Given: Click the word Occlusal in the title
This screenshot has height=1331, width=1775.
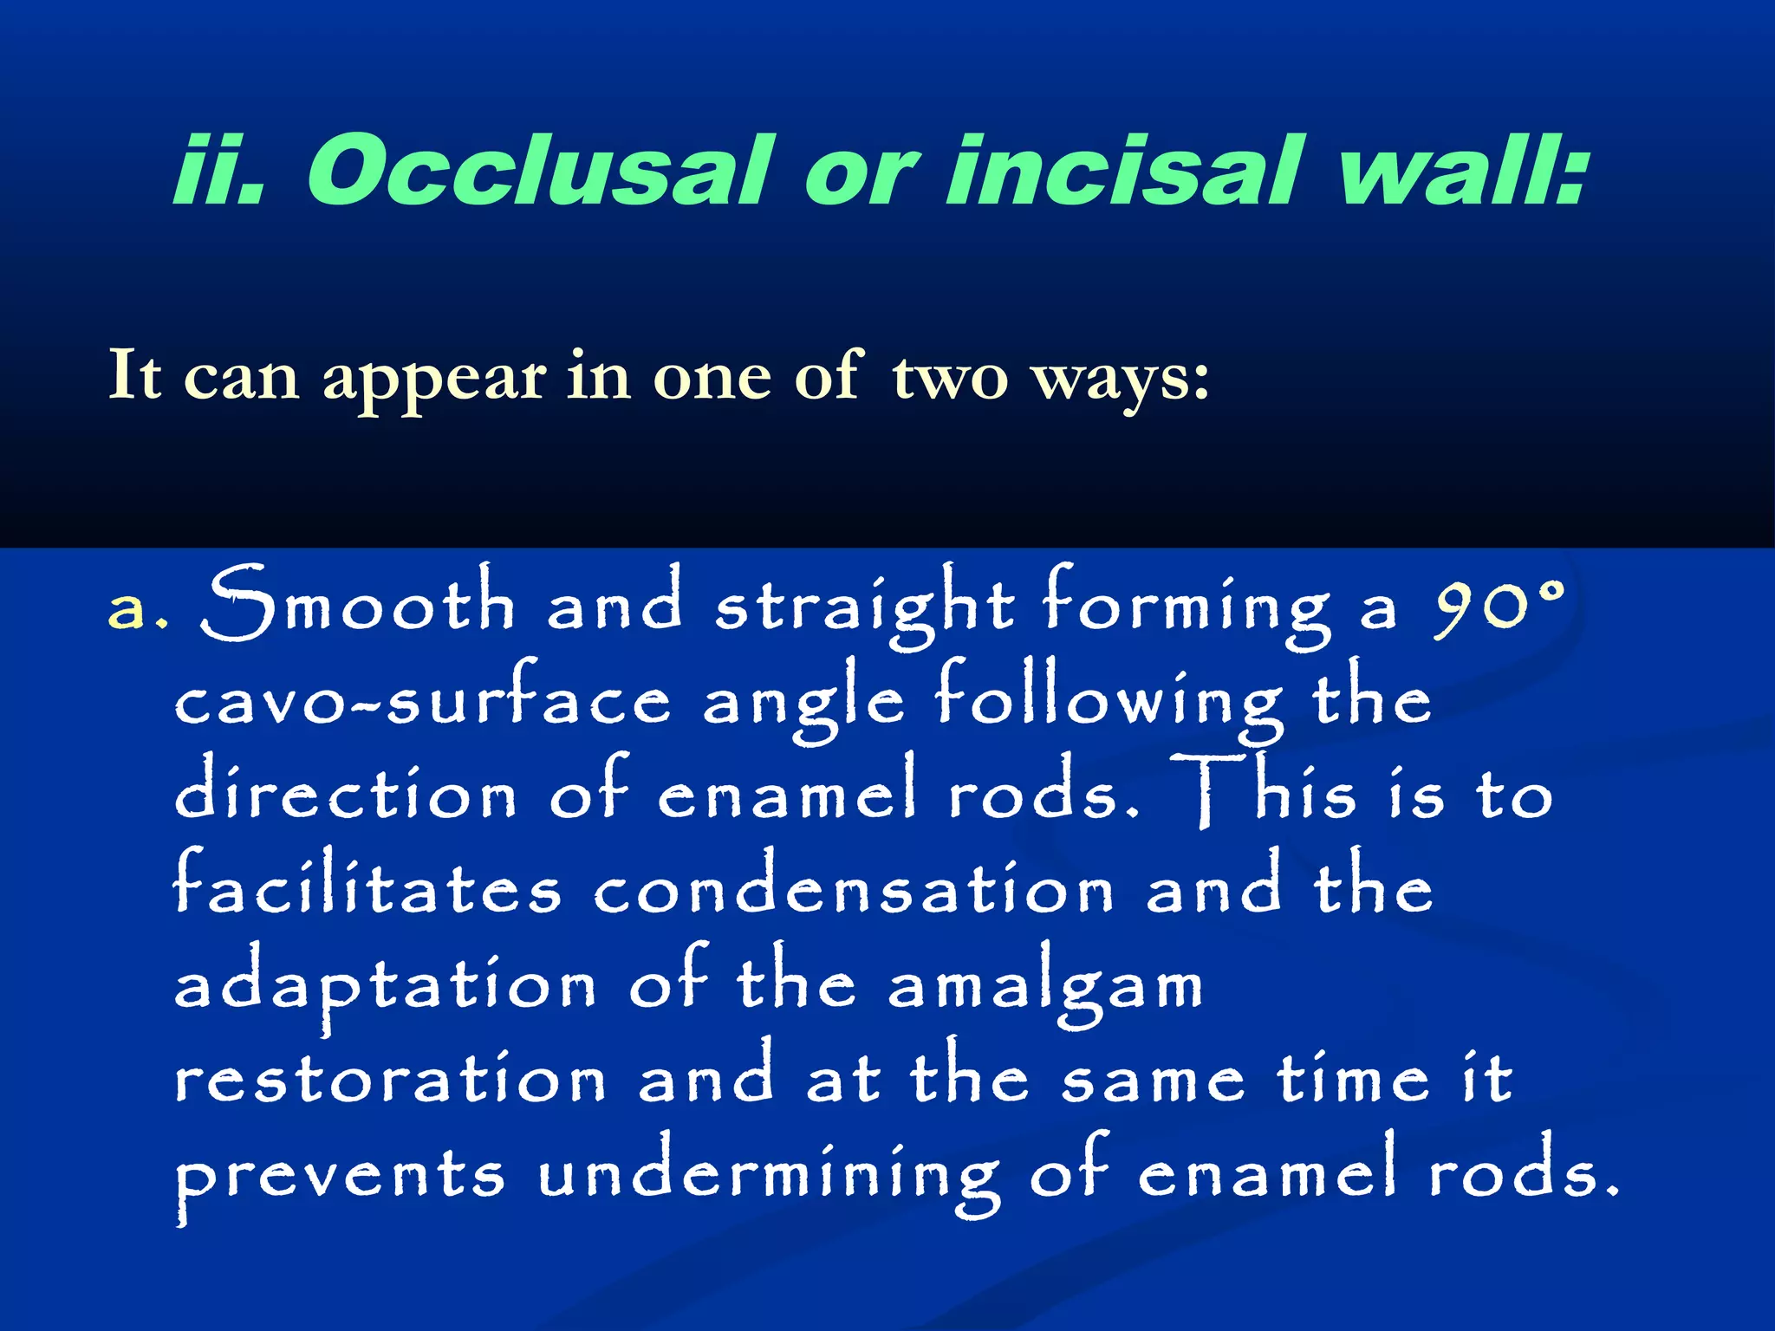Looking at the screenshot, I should coord(537,171).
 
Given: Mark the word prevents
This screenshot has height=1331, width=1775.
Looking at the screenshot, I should coord(339,1178).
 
